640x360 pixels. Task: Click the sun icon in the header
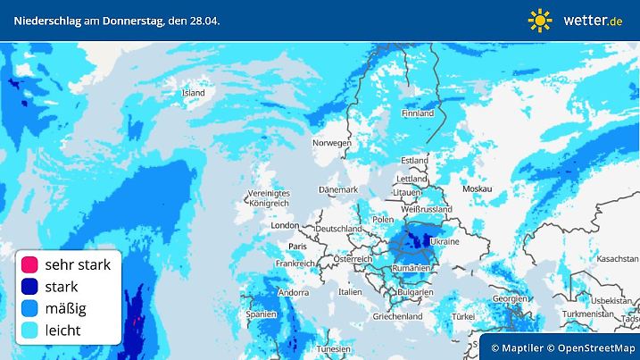(540, 20)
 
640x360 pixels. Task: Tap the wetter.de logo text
(593, 20)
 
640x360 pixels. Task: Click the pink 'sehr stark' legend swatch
(29, 264)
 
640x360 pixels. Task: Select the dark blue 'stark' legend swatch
(29, 287)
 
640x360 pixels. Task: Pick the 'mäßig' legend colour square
(29, 308)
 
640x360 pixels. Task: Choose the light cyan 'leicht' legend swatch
(29, 330)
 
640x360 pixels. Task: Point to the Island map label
(193, 92)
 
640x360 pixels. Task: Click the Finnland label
(418, 113)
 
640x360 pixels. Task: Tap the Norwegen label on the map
(331, 143)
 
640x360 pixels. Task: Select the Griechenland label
(398, 316)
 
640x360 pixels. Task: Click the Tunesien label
(334, 347)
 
